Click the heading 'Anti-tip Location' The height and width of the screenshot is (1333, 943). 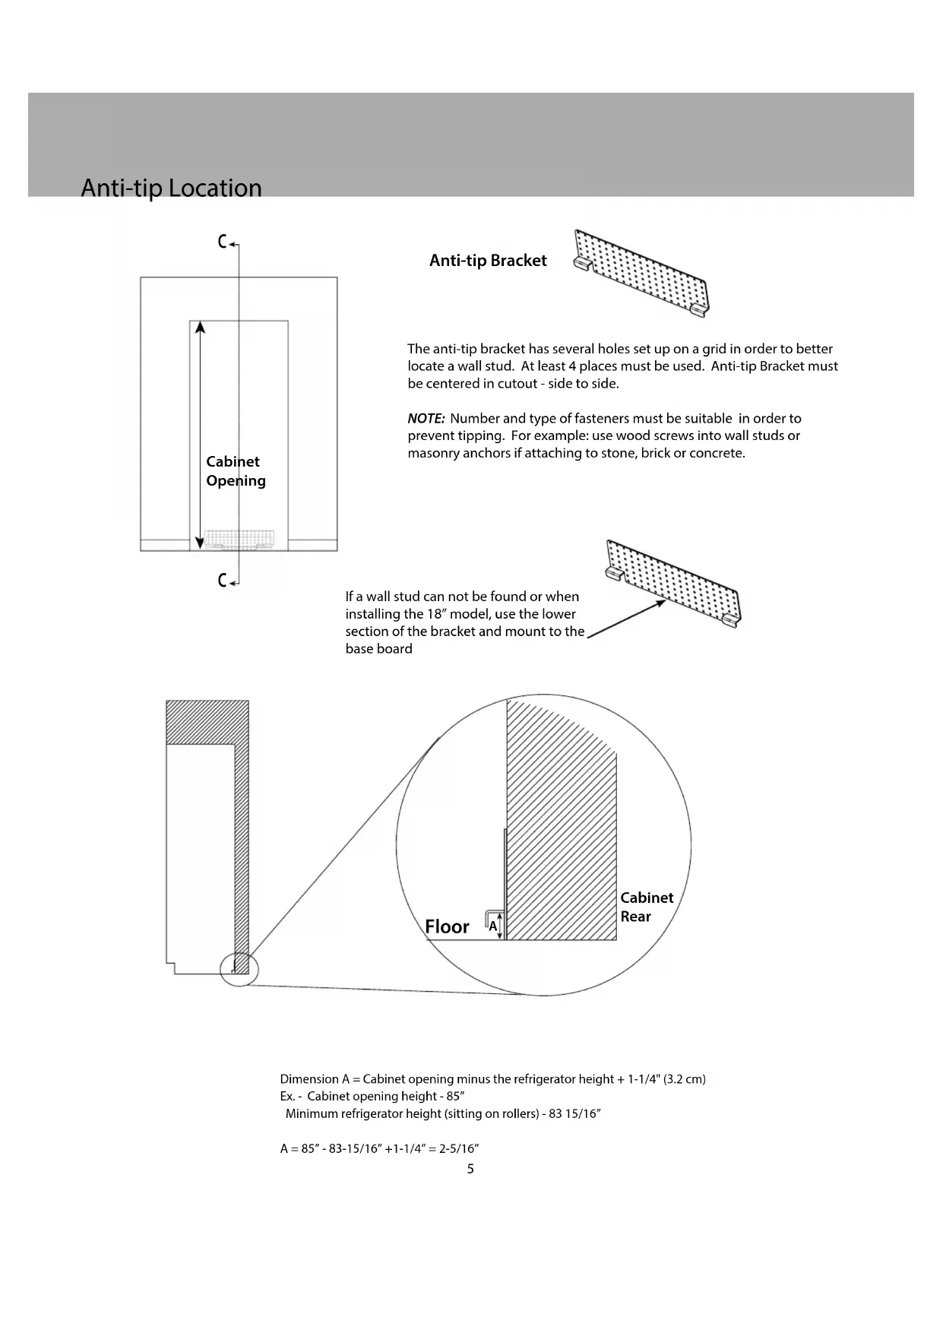[x=171, y=188]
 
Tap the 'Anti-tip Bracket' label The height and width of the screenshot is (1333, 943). [x=488, y=261]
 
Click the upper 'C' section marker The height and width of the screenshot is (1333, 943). [x=223, y=242]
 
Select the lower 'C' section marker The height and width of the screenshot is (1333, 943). [x=223, y=581]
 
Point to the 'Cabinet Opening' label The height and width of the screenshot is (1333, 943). [x=236, y=471]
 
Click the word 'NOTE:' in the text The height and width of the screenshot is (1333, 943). [x=426, y=419]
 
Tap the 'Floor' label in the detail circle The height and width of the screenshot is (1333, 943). [x=447, y=927]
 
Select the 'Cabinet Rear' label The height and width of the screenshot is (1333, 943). [x=646, y=907]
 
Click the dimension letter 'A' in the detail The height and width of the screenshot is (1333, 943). [x=492, y=926]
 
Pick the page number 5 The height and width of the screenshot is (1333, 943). [x=470, y=1169]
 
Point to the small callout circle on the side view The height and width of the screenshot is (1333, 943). [x=239, y=969]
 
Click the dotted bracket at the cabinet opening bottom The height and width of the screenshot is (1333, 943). [x=237, y=540]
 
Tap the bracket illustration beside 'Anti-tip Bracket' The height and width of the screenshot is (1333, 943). [x=642, y=274]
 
